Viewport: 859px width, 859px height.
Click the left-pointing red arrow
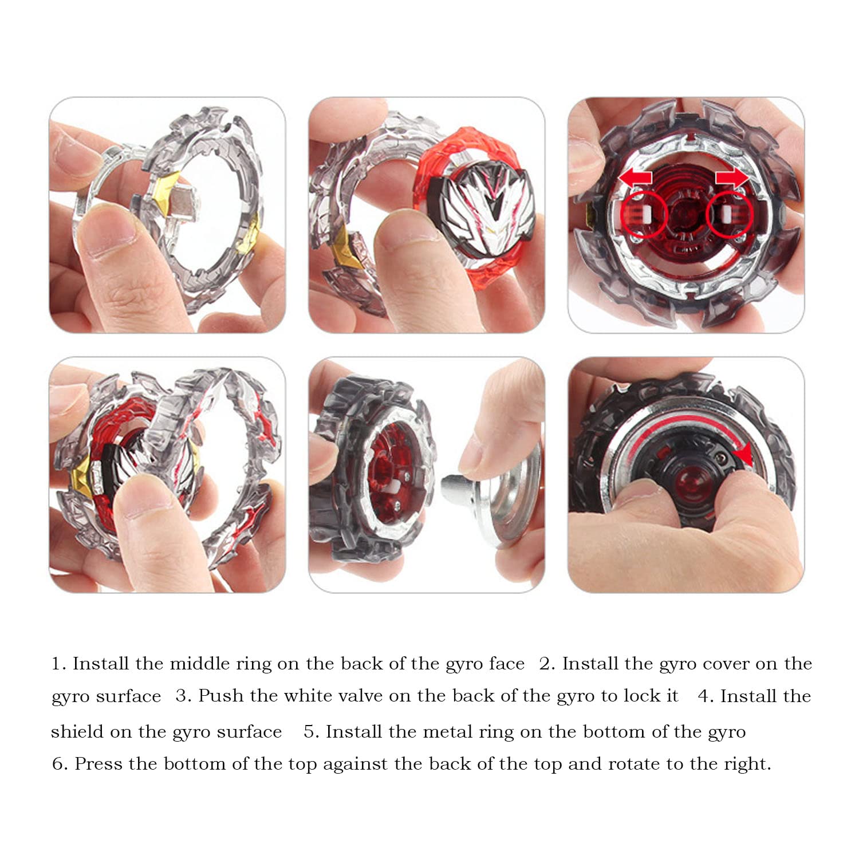635,178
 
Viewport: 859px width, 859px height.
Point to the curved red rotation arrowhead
743,456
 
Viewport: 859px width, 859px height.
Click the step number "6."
60,764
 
